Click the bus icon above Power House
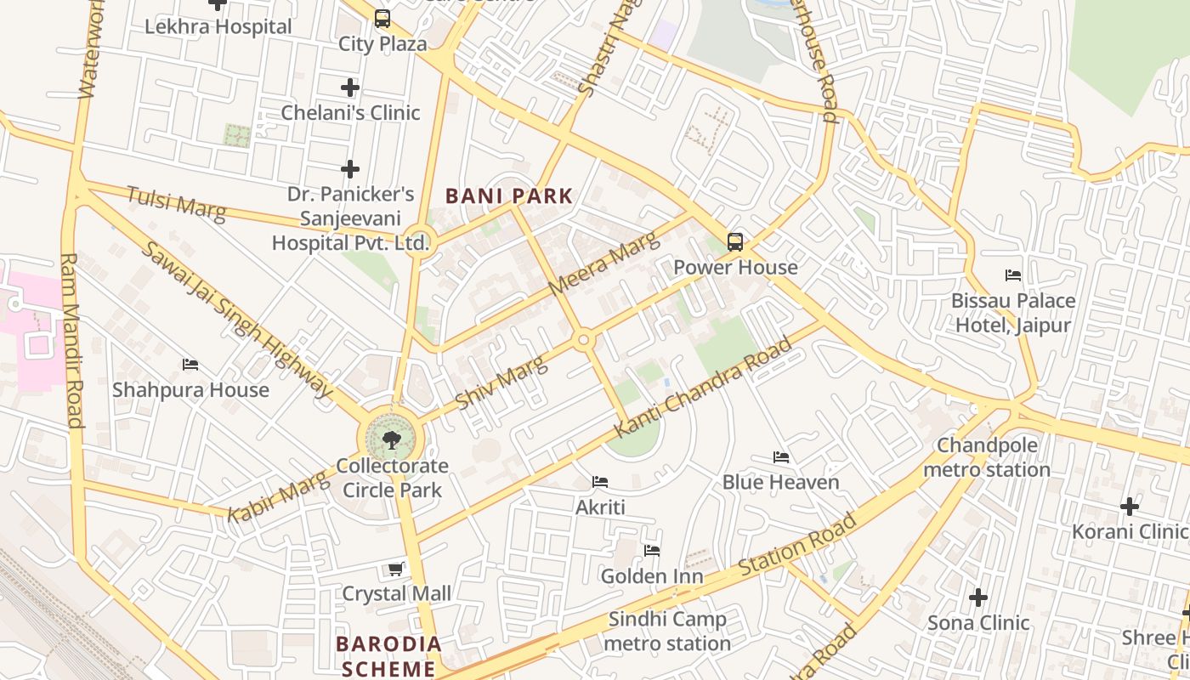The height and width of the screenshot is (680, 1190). coord(735,242)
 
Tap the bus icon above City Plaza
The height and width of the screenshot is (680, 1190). coord(382,18)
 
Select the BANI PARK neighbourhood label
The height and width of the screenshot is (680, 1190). coord(509,196)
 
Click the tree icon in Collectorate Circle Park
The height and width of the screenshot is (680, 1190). coord(392,439)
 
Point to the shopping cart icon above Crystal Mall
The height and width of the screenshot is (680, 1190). coord(395,569)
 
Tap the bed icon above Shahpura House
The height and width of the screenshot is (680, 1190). coord(190,365)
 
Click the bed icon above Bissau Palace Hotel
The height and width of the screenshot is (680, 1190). coord(1012,275)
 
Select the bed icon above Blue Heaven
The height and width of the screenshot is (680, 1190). coord(781,457)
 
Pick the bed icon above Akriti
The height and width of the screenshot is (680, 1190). coord(600,482)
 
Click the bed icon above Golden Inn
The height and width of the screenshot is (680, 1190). coord(652,551)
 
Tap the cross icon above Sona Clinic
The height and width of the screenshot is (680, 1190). coord(978,598)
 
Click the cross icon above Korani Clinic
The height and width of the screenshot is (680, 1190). coord(1129,507)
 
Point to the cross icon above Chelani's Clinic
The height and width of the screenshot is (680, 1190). coord(350,88)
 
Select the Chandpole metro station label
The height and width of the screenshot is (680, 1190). coord(987,457)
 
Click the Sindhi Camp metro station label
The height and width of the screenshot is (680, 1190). coord(667,632)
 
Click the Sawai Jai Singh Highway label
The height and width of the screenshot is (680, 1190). coord(236,320)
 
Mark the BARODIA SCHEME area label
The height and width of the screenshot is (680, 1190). coord(389,655)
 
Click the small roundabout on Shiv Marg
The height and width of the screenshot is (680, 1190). coord(583,341)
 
